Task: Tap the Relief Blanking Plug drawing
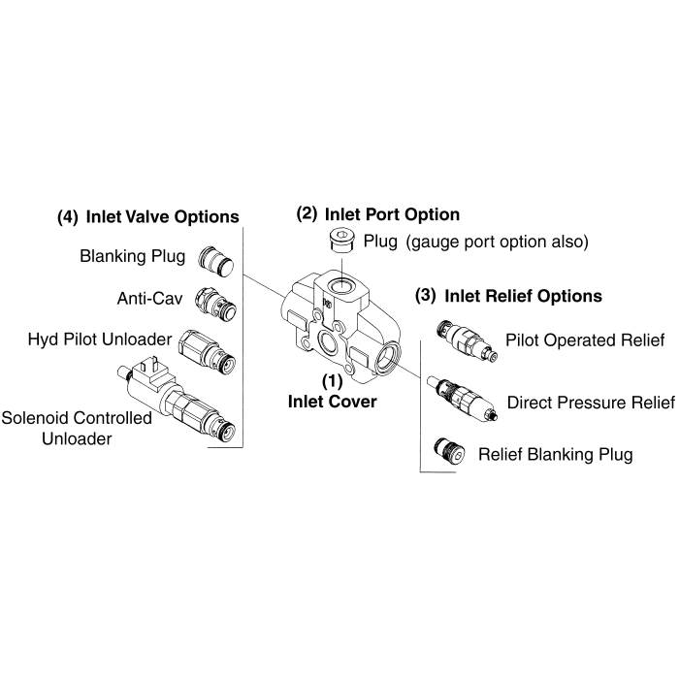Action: coord(447,450)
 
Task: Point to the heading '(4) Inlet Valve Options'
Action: coord(147,215)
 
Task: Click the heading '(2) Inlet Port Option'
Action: coord(377,213)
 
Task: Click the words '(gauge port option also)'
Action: coord(497,241)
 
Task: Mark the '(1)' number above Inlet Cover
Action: coord(332,382)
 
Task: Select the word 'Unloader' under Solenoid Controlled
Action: coord(77,438)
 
